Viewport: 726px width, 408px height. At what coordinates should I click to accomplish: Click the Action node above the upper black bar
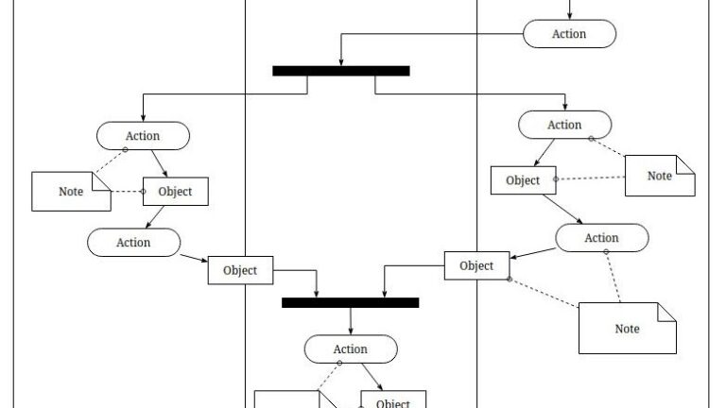click(x=569, y=34)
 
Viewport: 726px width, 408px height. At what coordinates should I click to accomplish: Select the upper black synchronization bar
click(x=340, y=71)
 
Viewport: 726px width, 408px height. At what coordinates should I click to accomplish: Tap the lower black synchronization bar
click(x=350, y=302)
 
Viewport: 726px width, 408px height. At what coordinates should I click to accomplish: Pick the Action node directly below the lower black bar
click(x=350, y=348)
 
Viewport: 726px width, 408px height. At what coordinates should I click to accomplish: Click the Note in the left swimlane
click(x=71, y=192)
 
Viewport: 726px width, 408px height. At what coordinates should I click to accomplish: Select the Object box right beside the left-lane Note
click(x=175, y=192)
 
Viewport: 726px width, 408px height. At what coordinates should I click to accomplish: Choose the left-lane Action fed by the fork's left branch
click(x=143, y=136)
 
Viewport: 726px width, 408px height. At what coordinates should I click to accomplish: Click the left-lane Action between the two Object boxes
click(x=133, y=242)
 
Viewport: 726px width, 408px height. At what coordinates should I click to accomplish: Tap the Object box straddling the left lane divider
click(x=240, y=270)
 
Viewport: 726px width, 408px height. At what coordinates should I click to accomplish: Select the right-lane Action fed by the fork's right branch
click(x=564, y=125)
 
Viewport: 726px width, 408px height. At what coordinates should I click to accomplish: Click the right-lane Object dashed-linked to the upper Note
click(x=523, y=180)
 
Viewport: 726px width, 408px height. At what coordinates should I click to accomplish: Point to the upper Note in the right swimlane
click(x=659, y=176)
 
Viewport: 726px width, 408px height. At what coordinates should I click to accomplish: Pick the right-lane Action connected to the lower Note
click(x=601, y=238)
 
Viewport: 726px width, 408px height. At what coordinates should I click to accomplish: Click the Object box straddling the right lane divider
click(x=476, y=265)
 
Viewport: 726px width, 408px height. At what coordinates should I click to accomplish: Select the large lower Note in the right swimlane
click(x=627, y=328)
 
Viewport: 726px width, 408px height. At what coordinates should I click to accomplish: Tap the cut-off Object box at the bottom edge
click(x=392, y=400)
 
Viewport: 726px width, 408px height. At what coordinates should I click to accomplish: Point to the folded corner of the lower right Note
click(x=666, y=311)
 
